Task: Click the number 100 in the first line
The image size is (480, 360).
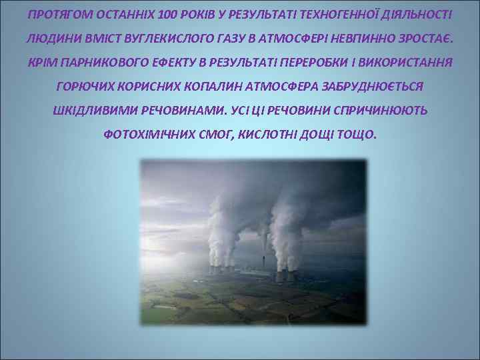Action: pyautogui.click(x=170, y=15)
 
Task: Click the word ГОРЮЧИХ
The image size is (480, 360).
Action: pyautogui.click(x=88, y=87)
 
